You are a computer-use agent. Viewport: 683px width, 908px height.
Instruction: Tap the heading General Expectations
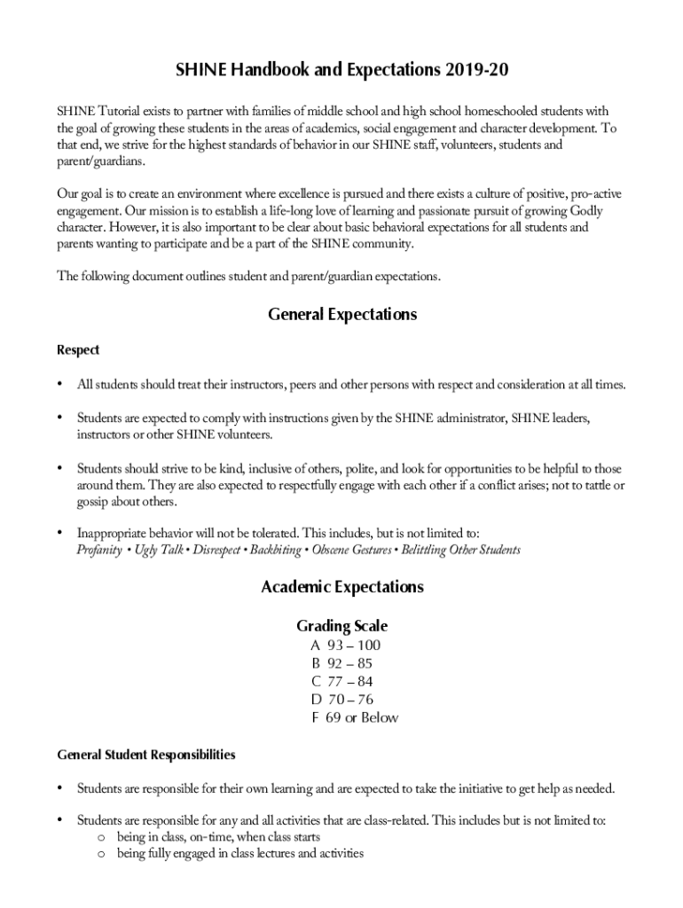click(341, 315)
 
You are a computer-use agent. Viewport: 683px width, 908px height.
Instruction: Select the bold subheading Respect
click(78, 350)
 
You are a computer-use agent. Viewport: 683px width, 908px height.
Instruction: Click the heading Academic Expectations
click(341, 587)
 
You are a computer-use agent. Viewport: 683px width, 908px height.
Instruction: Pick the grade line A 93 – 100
click(346, 646)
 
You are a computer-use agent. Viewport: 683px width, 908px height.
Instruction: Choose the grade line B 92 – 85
click(341, 663)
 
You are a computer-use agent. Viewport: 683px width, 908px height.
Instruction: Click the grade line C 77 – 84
click(341, 682)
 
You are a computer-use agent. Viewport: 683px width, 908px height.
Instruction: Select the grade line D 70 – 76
click(341, 700)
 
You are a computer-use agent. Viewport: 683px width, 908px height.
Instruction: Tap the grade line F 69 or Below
click(354, 717)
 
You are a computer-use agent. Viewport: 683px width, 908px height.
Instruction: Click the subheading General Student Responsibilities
click(146, 755)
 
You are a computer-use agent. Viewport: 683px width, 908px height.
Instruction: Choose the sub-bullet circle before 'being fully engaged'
click(102, 854)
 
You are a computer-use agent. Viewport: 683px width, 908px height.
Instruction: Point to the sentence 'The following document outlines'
click(248, 276)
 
